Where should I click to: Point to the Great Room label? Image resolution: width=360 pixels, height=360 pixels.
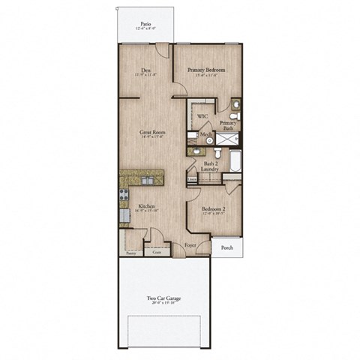[x=152, y=132]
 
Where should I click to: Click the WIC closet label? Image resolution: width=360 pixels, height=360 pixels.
[x=202, y=117]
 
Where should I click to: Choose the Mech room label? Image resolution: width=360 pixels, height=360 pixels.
[x=205, y=135]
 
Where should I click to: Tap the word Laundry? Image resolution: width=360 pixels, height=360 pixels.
[x=211, y=169]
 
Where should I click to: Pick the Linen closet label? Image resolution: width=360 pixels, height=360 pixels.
[x=192, y=180]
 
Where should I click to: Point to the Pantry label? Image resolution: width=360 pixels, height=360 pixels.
[x=131, y=253]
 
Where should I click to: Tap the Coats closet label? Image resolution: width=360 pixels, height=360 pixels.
[x=157, y=253]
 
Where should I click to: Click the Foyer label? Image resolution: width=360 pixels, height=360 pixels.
[x=190, y=245]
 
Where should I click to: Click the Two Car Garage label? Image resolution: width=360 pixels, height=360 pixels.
[x=163, y=297]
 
